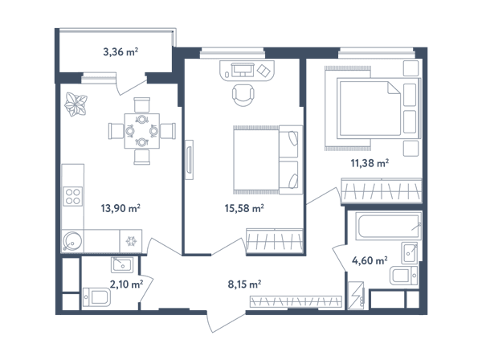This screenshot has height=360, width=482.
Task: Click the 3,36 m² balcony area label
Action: pyautogui.click(x=120, y=51)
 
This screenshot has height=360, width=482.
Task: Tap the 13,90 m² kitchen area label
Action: pyautogui.click(x=120, y=208)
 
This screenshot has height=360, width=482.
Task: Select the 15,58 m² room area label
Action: pyautogui.click(x=244, y=208)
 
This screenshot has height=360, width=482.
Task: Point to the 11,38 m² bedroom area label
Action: pyautogui.click(x=370, y=162)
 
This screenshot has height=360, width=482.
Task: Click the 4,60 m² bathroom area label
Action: pyautogui.click(x=370, y=260)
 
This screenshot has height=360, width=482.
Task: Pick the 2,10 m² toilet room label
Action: pyautogui.click(x=126, y=284)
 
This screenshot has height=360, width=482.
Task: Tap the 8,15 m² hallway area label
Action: pyautogui.click(x=244, y=284)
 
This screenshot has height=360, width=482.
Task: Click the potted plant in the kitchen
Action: pyautogui.click(x=76, y=104)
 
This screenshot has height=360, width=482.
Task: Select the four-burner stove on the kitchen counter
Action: pyautogui.click(x=73, y=196)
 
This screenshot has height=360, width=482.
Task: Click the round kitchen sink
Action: pyautogui.click(x=72, y=241)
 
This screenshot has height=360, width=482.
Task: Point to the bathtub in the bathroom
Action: pyautogui.click(x=389, y=226)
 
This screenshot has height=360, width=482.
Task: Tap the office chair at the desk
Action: pyautogui.click(x=243, y=95)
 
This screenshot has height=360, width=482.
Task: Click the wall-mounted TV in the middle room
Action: pyautogui.click(x=190, y=160)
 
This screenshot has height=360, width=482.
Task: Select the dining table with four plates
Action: pyautogui.click(x=142, y=131)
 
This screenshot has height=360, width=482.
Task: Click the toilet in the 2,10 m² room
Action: pyautogui.click(x=96, y=297)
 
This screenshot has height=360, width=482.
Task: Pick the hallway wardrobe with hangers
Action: pyautogui.click(x=296, y=301)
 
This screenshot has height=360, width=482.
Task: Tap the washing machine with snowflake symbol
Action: pyautogui.click(x=131, y=241)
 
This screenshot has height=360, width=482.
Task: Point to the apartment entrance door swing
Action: pyautogui.click(x=226, y=322)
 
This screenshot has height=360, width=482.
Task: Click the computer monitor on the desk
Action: pyautogui.click(x=243, y=68)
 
